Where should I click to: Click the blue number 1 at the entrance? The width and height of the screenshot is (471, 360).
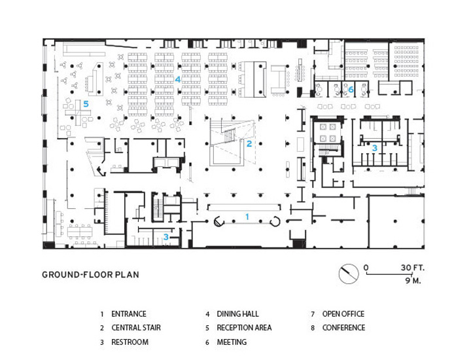pyautogui.click(x=247, y=217)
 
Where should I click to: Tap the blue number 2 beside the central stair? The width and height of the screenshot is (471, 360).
pyautogui.click(x=249, y=143)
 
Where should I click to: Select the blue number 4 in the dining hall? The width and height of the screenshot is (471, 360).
pyautogui.click(x=178, y=79)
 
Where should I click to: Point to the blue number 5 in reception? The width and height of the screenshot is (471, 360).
pyautogui.click(x=86, y=104)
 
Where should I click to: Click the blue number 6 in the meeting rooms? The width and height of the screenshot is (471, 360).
pyautogui.click(x=351, y=90)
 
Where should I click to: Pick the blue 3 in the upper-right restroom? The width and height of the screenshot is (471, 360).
pyautogui.click(x=375, y=148)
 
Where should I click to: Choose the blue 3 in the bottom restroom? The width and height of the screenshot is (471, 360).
pyautogui.click(x=166, y=237)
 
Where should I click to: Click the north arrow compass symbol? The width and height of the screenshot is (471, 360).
pyautogui.click(x=349, y=274)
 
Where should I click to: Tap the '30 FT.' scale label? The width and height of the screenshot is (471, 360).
pyautogui.click(x=412, y=268)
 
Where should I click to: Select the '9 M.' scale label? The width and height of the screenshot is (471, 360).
pyautogui.click(x=413, y=281)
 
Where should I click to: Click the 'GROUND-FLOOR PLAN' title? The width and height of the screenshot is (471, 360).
pyautogui.click(x=90, y=275)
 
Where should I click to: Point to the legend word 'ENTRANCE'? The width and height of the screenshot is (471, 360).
pyautogui.click(x=129, y=314)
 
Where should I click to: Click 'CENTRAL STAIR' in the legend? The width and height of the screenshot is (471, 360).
pyautogui.click(x=136, y=328)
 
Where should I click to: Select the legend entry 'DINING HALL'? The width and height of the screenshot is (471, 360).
pyautogui.click(x=237, y=314)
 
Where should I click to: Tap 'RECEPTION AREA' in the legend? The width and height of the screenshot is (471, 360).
pyautogui.click(x=244, y=328)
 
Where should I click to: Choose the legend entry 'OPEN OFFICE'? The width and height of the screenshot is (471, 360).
pyautogui.click(x=343, y=314)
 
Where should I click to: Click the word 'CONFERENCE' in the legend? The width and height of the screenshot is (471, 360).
pyautogui.click(x=343, y=328)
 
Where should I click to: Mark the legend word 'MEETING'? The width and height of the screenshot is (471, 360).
pyautogui.click(x=232, y=342)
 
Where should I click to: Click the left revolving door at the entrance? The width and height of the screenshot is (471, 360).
pyautogui.click(x=219, y=221)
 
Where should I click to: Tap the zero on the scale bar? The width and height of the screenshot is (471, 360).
pyautogui.click(x=366, y=268)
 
